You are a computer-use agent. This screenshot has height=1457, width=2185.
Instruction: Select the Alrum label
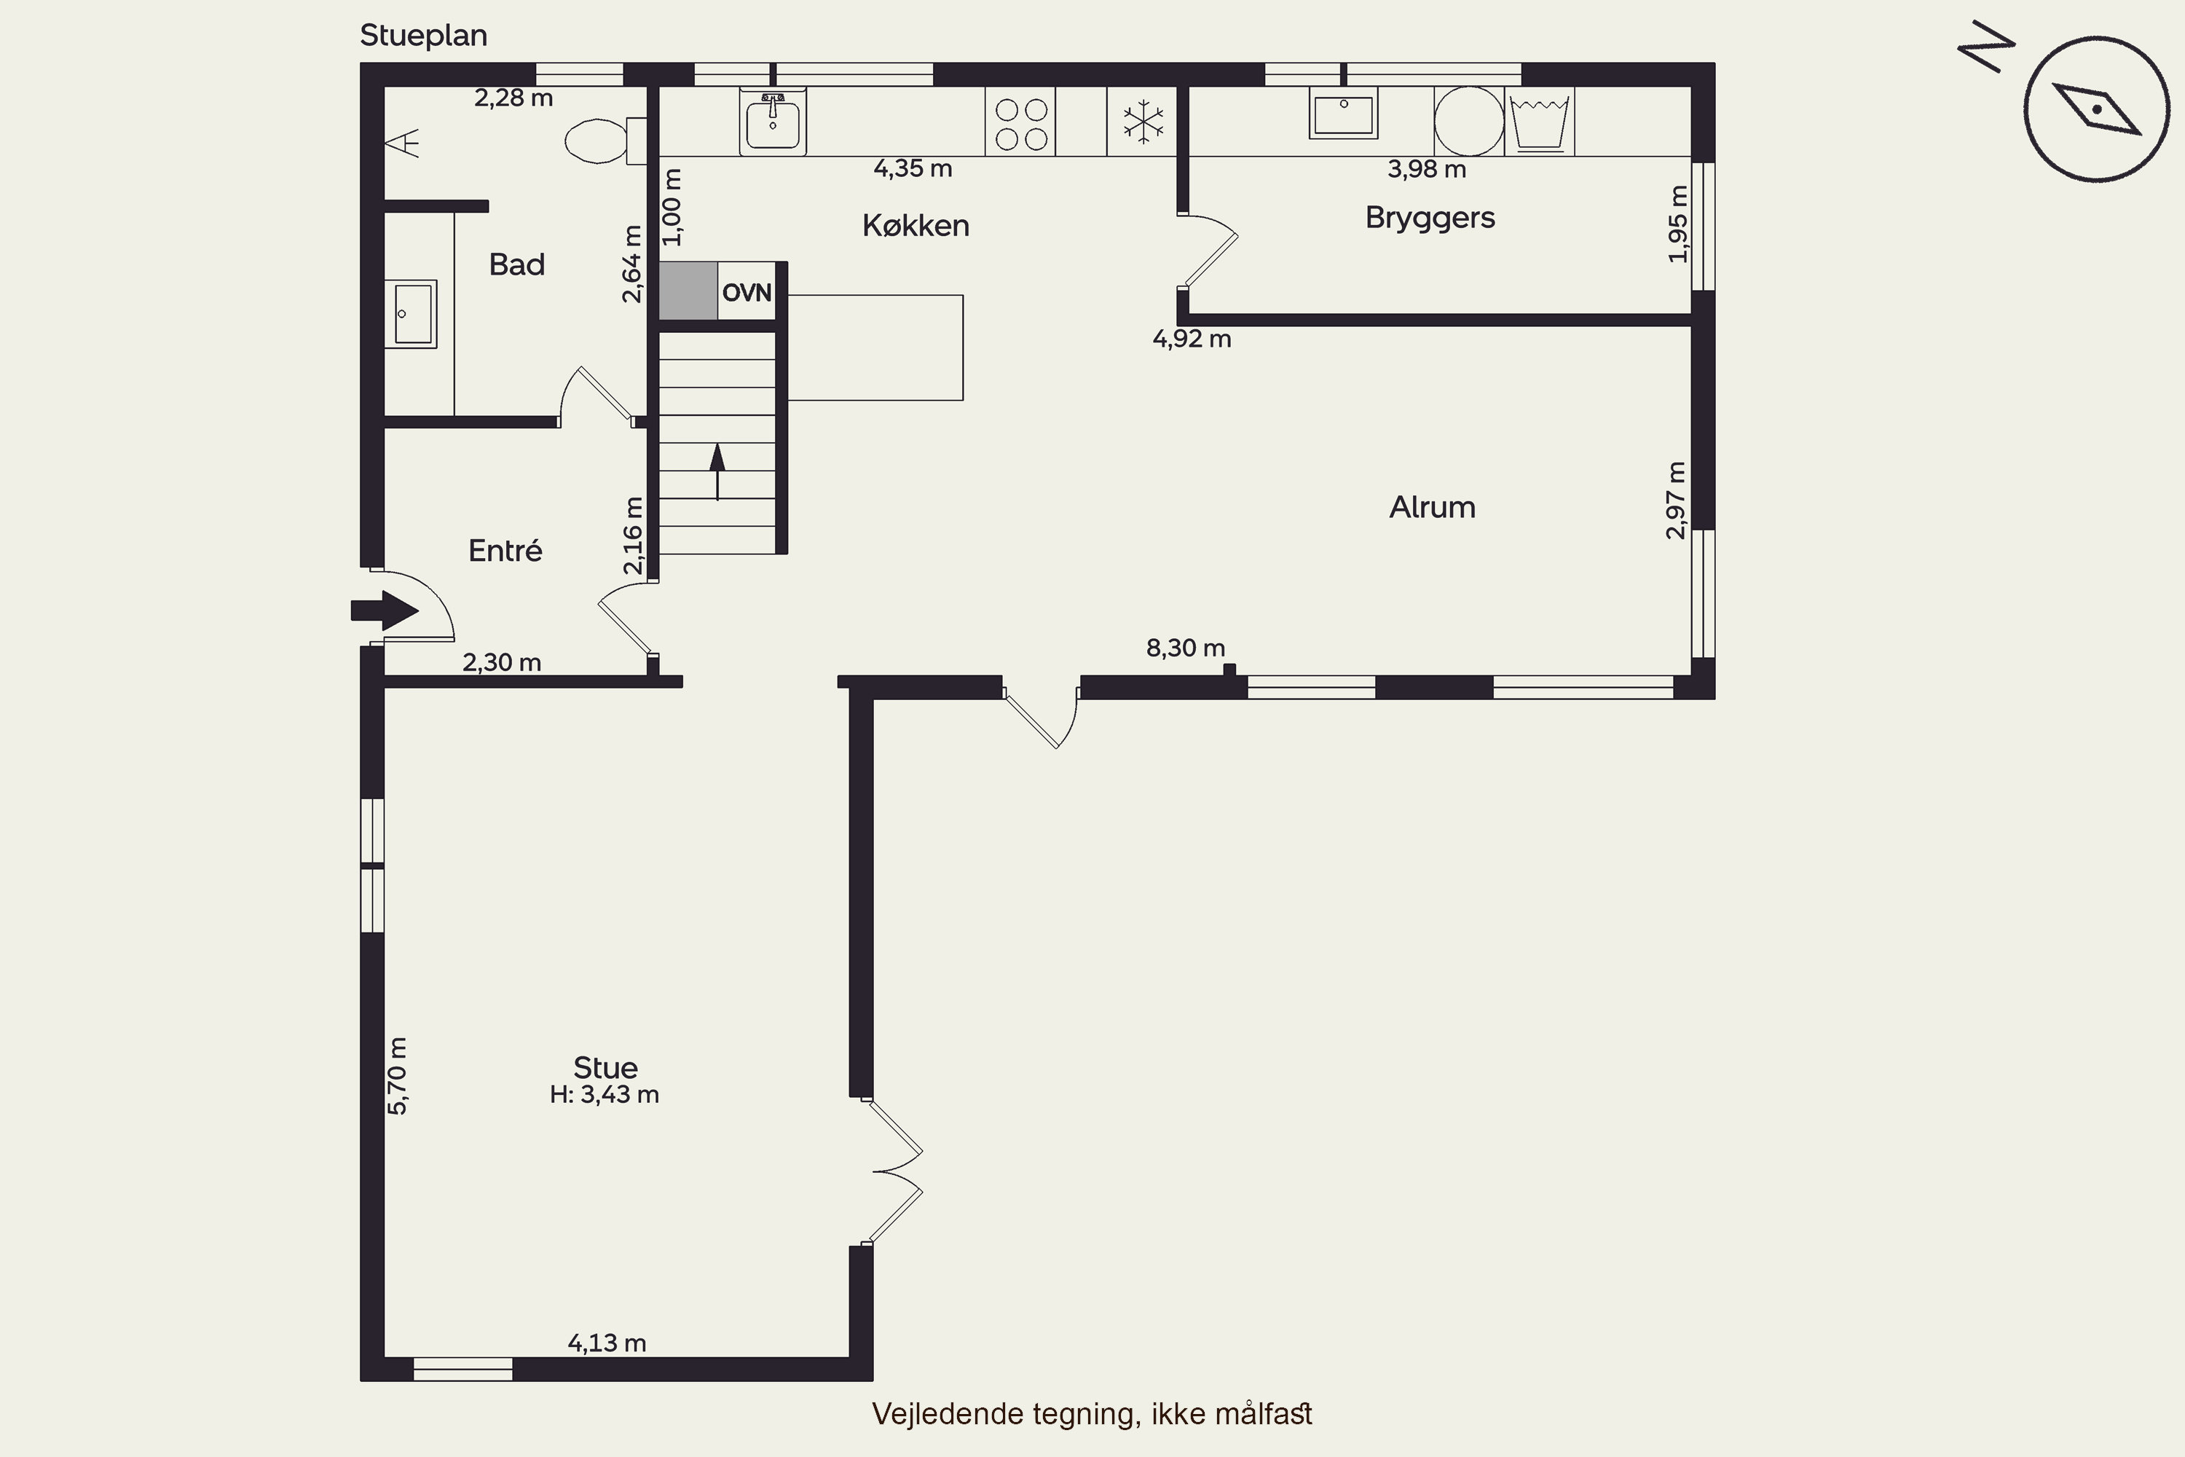pyautogui.click(x=1432, y=507)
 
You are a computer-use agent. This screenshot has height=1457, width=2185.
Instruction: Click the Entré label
pyautogui.click(x=505, y=550)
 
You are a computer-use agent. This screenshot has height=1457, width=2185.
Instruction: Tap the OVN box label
pyautogui.click(x=746, y=293)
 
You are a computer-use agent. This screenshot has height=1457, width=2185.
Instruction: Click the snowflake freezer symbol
pyautogui.click(x=1143, y=122)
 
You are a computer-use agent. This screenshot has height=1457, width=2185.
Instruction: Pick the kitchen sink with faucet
pyautogui.click(x=772, y=121)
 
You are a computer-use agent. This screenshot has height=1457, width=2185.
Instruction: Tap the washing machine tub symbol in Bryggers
pyautogui.click(x=1540, y=122)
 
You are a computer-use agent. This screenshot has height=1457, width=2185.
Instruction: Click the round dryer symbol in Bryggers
pyautogui.click(x=1469, y=122)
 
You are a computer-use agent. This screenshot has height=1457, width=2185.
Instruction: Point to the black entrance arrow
pyautogui.click(x=385, y=610)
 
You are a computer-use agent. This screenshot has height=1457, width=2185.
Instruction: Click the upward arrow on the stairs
pyautogui.click(x=717, y=472)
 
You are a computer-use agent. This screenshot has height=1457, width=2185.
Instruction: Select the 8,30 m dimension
pyautogui.click(x=1186, y=648)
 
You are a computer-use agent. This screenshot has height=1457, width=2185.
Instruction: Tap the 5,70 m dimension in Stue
pyautogui.click(x=397, y=1075)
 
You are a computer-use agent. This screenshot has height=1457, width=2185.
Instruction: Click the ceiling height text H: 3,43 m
pyautogui.click(x=604, y=1095)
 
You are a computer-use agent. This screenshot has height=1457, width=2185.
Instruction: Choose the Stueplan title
pyautogui.click(x=424, y=35)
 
